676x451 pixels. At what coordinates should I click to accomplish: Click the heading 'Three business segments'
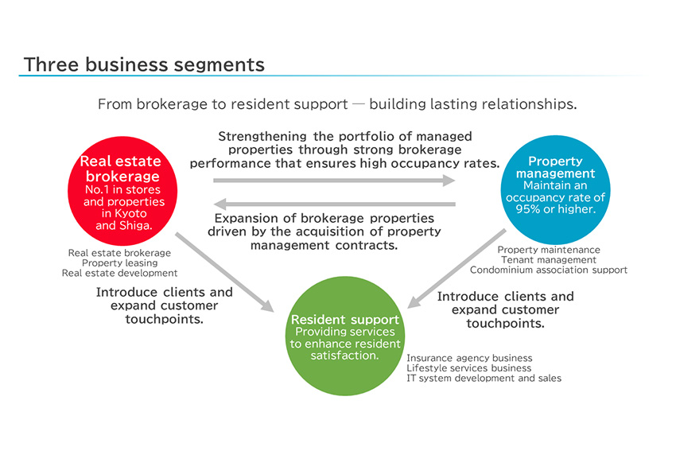[144, 64]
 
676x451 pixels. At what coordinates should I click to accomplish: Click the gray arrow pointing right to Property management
[334, 181]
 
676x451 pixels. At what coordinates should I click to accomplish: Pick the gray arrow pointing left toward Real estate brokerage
[334, 204]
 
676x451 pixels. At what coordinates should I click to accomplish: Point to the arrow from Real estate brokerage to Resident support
[224, 271]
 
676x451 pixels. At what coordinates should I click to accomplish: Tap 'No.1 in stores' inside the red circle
[122, 190]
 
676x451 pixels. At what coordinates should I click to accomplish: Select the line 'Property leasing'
[120, 263]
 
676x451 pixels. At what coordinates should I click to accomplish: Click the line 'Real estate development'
[120, 274]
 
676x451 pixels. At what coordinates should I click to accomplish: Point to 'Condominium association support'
[549, 270]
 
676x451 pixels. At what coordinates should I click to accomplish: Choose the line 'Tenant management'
[549, 260]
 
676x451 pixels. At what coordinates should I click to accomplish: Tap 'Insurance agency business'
[469, 359]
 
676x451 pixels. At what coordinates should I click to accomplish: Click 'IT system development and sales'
[484, 379]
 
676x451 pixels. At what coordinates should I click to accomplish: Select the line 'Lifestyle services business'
[468, 368]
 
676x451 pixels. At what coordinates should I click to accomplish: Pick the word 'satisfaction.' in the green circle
[344, 356]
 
